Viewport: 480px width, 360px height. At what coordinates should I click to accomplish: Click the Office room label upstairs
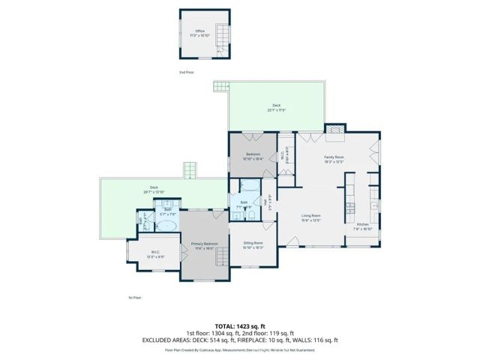pyautogui.click(x=200, y=33)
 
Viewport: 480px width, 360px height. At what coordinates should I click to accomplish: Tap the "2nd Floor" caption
pyautogui.click(x=186, y=72)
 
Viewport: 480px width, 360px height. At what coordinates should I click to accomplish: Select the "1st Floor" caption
pyautogui.click(x=135, y=298)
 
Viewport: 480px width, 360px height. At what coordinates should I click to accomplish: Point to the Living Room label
pyautogui.click(x=310, y=217)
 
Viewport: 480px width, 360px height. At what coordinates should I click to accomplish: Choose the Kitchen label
pyautogui.click(x=363, y=226)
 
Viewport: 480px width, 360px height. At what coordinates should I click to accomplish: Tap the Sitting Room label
pyautogui.click(x=253, y=245)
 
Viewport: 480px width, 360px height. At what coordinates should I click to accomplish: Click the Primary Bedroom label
pyautogui.click(x=204, y=245)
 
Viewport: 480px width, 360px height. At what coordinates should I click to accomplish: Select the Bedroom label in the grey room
pyautogui.click(x=253, y=157)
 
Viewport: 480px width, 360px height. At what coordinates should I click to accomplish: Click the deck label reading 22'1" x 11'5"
pyautogui.click(x=276, y=108)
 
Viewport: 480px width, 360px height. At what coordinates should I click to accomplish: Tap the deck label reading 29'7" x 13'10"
pyautogui.click(x=154, y=190)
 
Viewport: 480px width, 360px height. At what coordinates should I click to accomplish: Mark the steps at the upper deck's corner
pyautogui.click(x=221, y=86)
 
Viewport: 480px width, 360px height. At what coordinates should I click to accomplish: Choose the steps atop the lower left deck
pyautogui.click(x=190, y=171)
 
